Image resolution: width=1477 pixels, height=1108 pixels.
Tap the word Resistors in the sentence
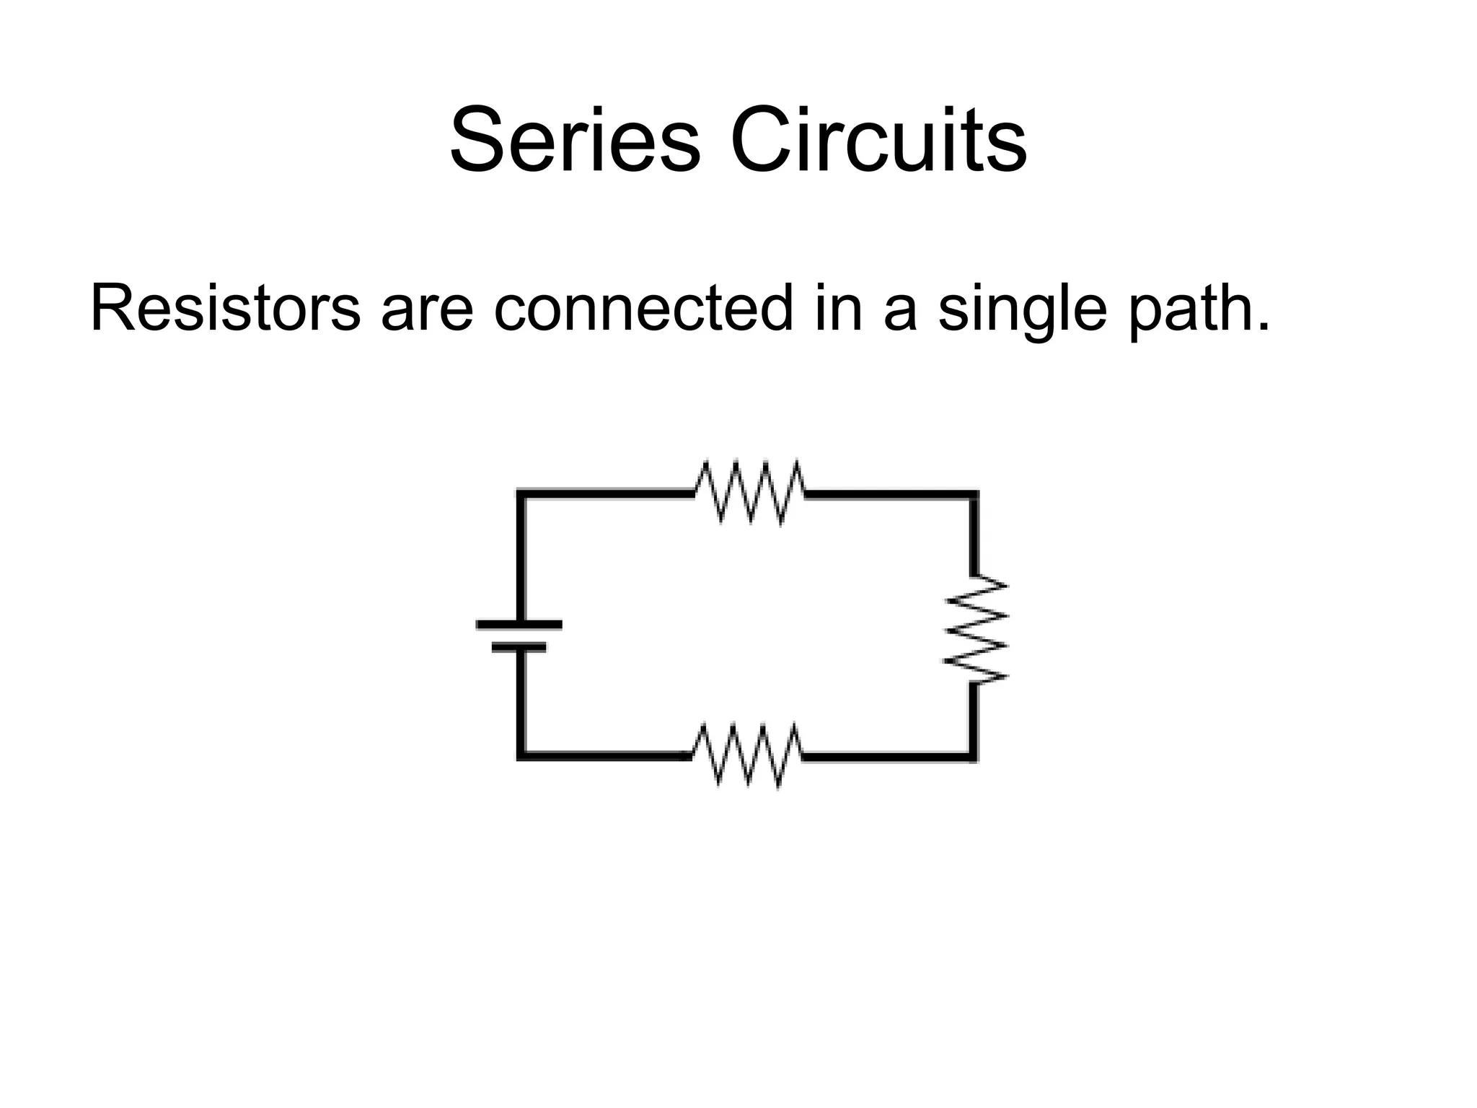tap(224, 309)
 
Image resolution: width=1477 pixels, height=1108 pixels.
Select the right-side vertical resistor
tap(976, 628)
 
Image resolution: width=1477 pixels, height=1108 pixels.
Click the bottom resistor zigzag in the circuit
tap(746, 755)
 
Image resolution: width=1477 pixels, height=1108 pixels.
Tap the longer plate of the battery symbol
tap(519, 625)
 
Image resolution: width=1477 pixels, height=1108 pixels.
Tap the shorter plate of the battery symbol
tap(519, 648)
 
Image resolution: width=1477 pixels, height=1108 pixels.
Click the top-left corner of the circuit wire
tap(521, 494)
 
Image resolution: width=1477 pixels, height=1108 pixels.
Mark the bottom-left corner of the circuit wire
tap(521, 755)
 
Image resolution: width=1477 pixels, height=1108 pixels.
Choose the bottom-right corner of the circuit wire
tap(973, 756)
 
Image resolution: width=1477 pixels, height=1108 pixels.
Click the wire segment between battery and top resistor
tap(606, 494)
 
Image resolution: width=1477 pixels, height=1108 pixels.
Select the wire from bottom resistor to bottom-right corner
tap(887, 757)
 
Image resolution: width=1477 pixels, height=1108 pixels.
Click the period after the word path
tap(1261, 328)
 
